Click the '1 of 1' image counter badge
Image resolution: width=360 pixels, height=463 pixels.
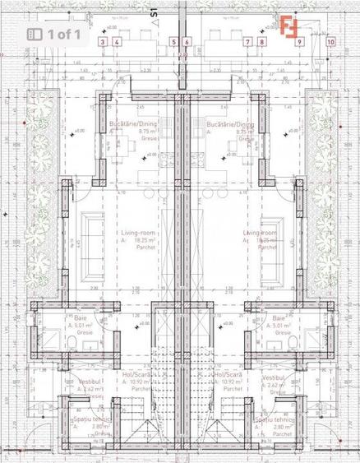[54, 34]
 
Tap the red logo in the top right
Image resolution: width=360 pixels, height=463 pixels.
[289, 25]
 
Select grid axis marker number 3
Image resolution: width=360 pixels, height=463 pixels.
[102, 41]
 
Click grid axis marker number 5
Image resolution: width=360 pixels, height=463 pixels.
[174, 41]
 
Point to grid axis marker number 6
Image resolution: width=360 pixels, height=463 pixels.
[187, 41]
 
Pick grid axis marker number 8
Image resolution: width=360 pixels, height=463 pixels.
[261, 41]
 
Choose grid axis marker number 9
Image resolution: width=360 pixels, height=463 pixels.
[299, 41]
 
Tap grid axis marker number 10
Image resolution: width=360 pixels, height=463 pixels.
[330, 41]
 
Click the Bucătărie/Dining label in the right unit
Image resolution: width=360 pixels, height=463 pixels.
[233, 123]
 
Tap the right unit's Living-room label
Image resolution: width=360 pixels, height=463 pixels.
[261, 234]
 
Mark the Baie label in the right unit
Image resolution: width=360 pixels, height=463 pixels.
[279, 317]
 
